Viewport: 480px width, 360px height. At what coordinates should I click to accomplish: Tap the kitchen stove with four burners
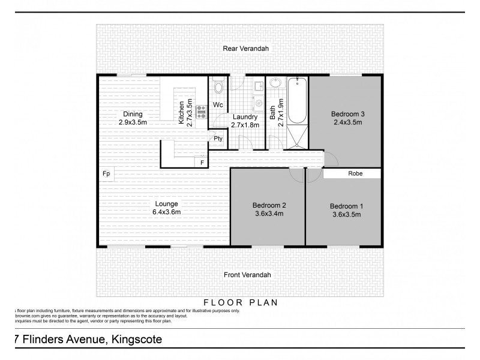tap(201, 110)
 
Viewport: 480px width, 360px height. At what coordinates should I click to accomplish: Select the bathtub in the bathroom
tap(297, 100)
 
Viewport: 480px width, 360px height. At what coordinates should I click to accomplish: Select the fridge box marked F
tap(202, 162)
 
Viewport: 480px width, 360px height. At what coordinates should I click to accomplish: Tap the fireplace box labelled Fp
tap(106, 174)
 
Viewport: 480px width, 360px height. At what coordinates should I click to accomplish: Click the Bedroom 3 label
tap(348, 114)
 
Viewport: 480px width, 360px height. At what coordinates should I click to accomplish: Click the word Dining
tap(133, 114)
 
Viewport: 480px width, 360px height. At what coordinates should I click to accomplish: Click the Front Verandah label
tap(247, 275)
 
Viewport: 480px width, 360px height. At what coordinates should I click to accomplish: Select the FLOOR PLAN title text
tap(241, 302)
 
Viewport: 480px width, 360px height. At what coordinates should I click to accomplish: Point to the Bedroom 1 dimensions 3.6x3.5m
tap(347, 214)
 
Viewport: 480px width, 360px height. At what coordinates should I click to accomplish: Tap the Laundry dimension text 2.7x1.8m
tap(245, 125)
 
